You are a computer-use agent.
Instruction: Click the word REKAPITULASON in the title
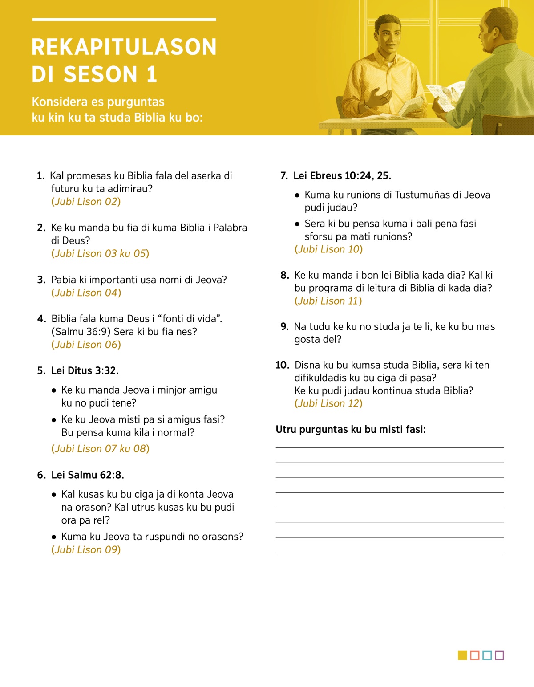[124, 47]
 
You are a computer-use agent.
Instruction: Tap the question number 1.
[40, 176]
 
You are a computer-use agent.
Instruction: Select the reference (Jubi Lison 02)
[86, 202]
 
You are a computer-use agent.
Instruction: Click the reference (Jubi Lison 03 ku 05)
[100, 254]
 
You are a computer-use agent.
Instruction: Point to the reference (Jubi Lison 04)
[86, 293]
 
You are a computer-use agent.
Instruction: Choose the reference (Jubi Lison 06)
[86, 345]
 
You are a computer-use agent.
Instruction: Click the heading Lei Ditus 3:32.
[85, 371]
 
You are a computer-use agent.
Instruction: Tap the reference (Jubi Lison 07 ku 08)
[100, 449]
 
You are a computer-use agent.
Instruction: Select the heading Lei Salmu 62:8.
[87, 475]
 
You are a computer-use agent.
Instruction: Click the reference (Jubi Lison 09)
[86, 550]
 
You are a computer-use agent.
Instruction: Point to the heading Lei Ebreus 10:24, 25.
[342, 176]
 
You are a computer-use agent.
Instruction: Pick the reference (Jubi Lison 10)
[328, 249]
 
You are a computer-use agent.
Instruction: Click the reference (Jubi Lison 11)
[328, 301]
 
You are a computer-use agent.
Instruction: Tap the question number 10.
[282, 366]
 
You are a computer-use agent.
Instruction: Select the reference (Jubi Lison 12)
[328, 403]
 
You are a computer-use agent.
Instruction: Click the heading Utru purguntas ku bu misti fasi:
[351, 430]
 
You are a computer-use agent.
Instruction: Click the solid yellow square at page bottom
[462, 655]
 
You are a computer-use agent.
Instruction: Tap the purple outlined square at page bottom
[499, 655]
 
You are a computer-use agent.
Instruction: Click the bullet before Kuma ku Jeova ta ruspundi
[54, 537]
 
